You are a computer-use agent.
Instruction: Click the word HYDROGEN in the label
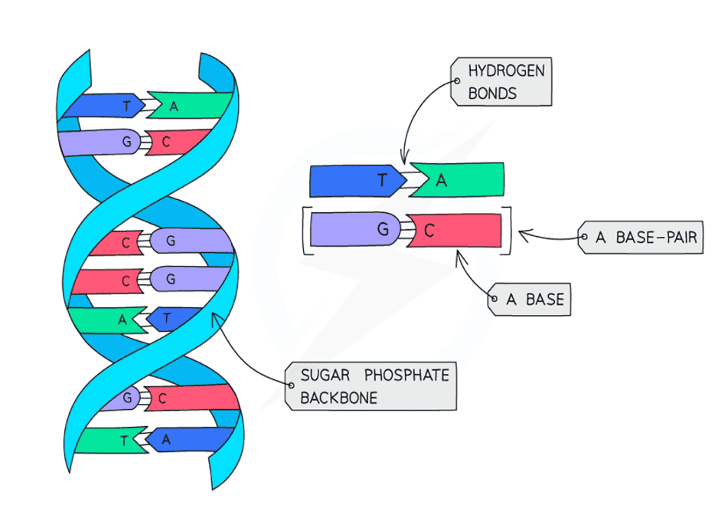[506, 70]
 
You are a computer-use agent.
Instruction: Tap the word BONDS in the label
[492, 93]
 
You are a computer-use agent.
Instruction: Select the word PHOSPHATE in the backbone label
[406, 375]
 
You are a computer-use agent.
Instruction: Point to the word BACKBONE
[339, 398]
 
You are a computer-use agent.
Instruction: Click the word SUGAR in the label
[325, 375]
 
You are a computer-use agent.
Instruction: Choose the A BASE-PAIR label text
[646, 238]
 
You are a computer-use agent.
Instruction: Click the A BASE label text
[535, 300]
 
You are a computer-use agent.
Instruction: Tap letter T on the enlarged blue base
[382, 180]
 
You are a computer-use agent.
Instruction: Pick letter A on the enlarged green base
[441, 181]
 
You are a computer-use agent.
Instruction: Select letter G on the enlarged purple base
[383, 228]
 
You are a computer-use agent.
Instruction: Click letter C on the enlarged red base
[429, 231]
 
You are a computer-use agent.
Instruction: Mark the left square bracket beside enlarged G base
[305, 231]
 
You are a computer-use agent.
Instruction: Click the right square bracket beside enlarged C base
[508, 231]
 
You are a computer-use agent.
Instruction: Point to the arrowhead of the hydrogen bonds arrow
[403, 158]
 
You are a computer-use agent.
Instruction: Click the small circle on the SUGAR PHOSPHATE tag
[292, 385]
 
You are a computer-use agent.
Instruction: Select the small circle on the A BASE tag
[495, 299]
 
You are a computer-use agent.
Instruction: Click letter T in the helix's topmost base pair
[127, 107]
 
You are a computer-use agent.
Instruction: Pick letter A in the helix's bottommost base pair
[166, 440]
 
